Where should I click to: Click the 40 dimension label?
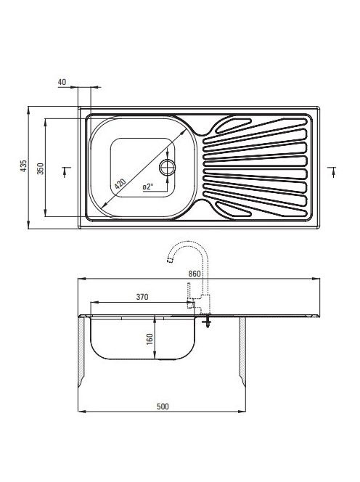(62, 82)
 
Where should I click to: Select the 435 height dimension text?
(24, 166)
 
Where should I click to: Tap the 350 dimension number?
(41, 168)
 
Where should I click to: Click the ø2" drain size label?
(148, 187)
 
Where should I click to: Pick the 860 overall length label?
(195, 274)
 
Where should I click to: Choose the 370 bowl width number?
(142, 297)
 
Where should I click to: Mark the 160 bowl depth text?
(150, 339)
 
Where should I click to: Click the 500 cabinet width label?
(163, 407)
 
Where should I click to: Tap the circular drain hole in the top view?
(167, 167)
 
